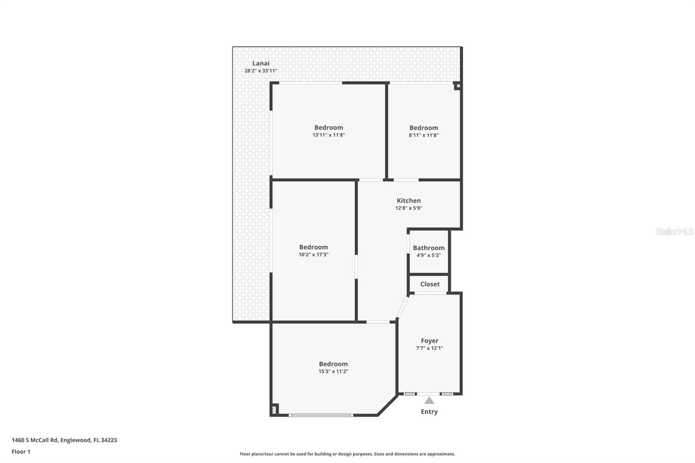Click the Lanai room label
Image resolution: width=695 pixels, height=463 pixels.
(x=261, y=63)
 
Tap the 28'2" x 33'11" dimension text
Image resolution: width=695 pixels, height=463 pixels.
(x=261, y=71)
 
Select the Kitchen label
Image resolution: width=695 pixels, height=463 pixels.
(x=409, y=201)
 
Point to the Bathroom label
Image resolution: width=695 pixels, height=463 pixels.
(x=428, y=248)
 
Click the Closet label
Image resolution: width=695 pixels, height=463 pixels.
(x=430, y=284)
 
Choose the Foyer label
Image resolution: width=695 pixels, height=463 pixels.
(x=430, y=341)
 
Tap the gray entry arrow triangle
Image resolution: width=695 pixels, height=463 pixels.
(x=429, y=400)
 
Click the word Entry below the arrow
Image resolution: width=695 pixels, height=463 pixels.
(x=429, y=412)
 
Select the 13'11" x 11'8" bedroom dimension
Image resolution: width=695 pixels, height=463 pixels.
(x=328, y=135)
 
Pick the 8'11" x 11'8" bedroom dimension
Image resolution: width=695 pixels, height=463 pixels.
(x=424, y=135)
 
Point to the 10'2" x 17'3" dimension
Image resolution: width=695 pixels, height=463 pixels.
(x=313, y=255)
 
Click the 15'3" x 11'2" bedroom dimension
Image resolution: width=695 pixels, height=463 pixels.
(x=333, y=371)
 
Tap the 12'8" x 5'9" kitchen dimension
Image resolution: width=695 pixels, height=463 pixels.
(x=409, y=208)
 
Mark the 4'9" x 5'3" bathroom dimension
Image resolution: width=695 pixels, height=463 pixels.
(x=428, y=255)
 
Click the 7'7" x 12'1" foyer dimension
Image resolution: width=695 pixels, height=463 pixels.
(x=430, y=348)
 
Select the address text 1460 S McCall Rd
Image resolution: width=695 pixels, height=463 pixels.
(x=35, y=440)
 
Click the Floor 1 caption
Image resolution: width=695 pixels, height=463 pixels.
(x=21, y=452)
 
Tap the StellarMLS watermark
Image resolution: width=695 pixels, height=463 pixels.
(x=674, y=231)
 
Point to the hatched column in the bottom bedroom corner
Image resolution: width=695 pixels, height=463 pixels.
(x=274, y=410)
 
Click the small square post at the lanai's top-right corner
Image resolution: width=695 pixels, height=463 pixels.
(x=458, y=86)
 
